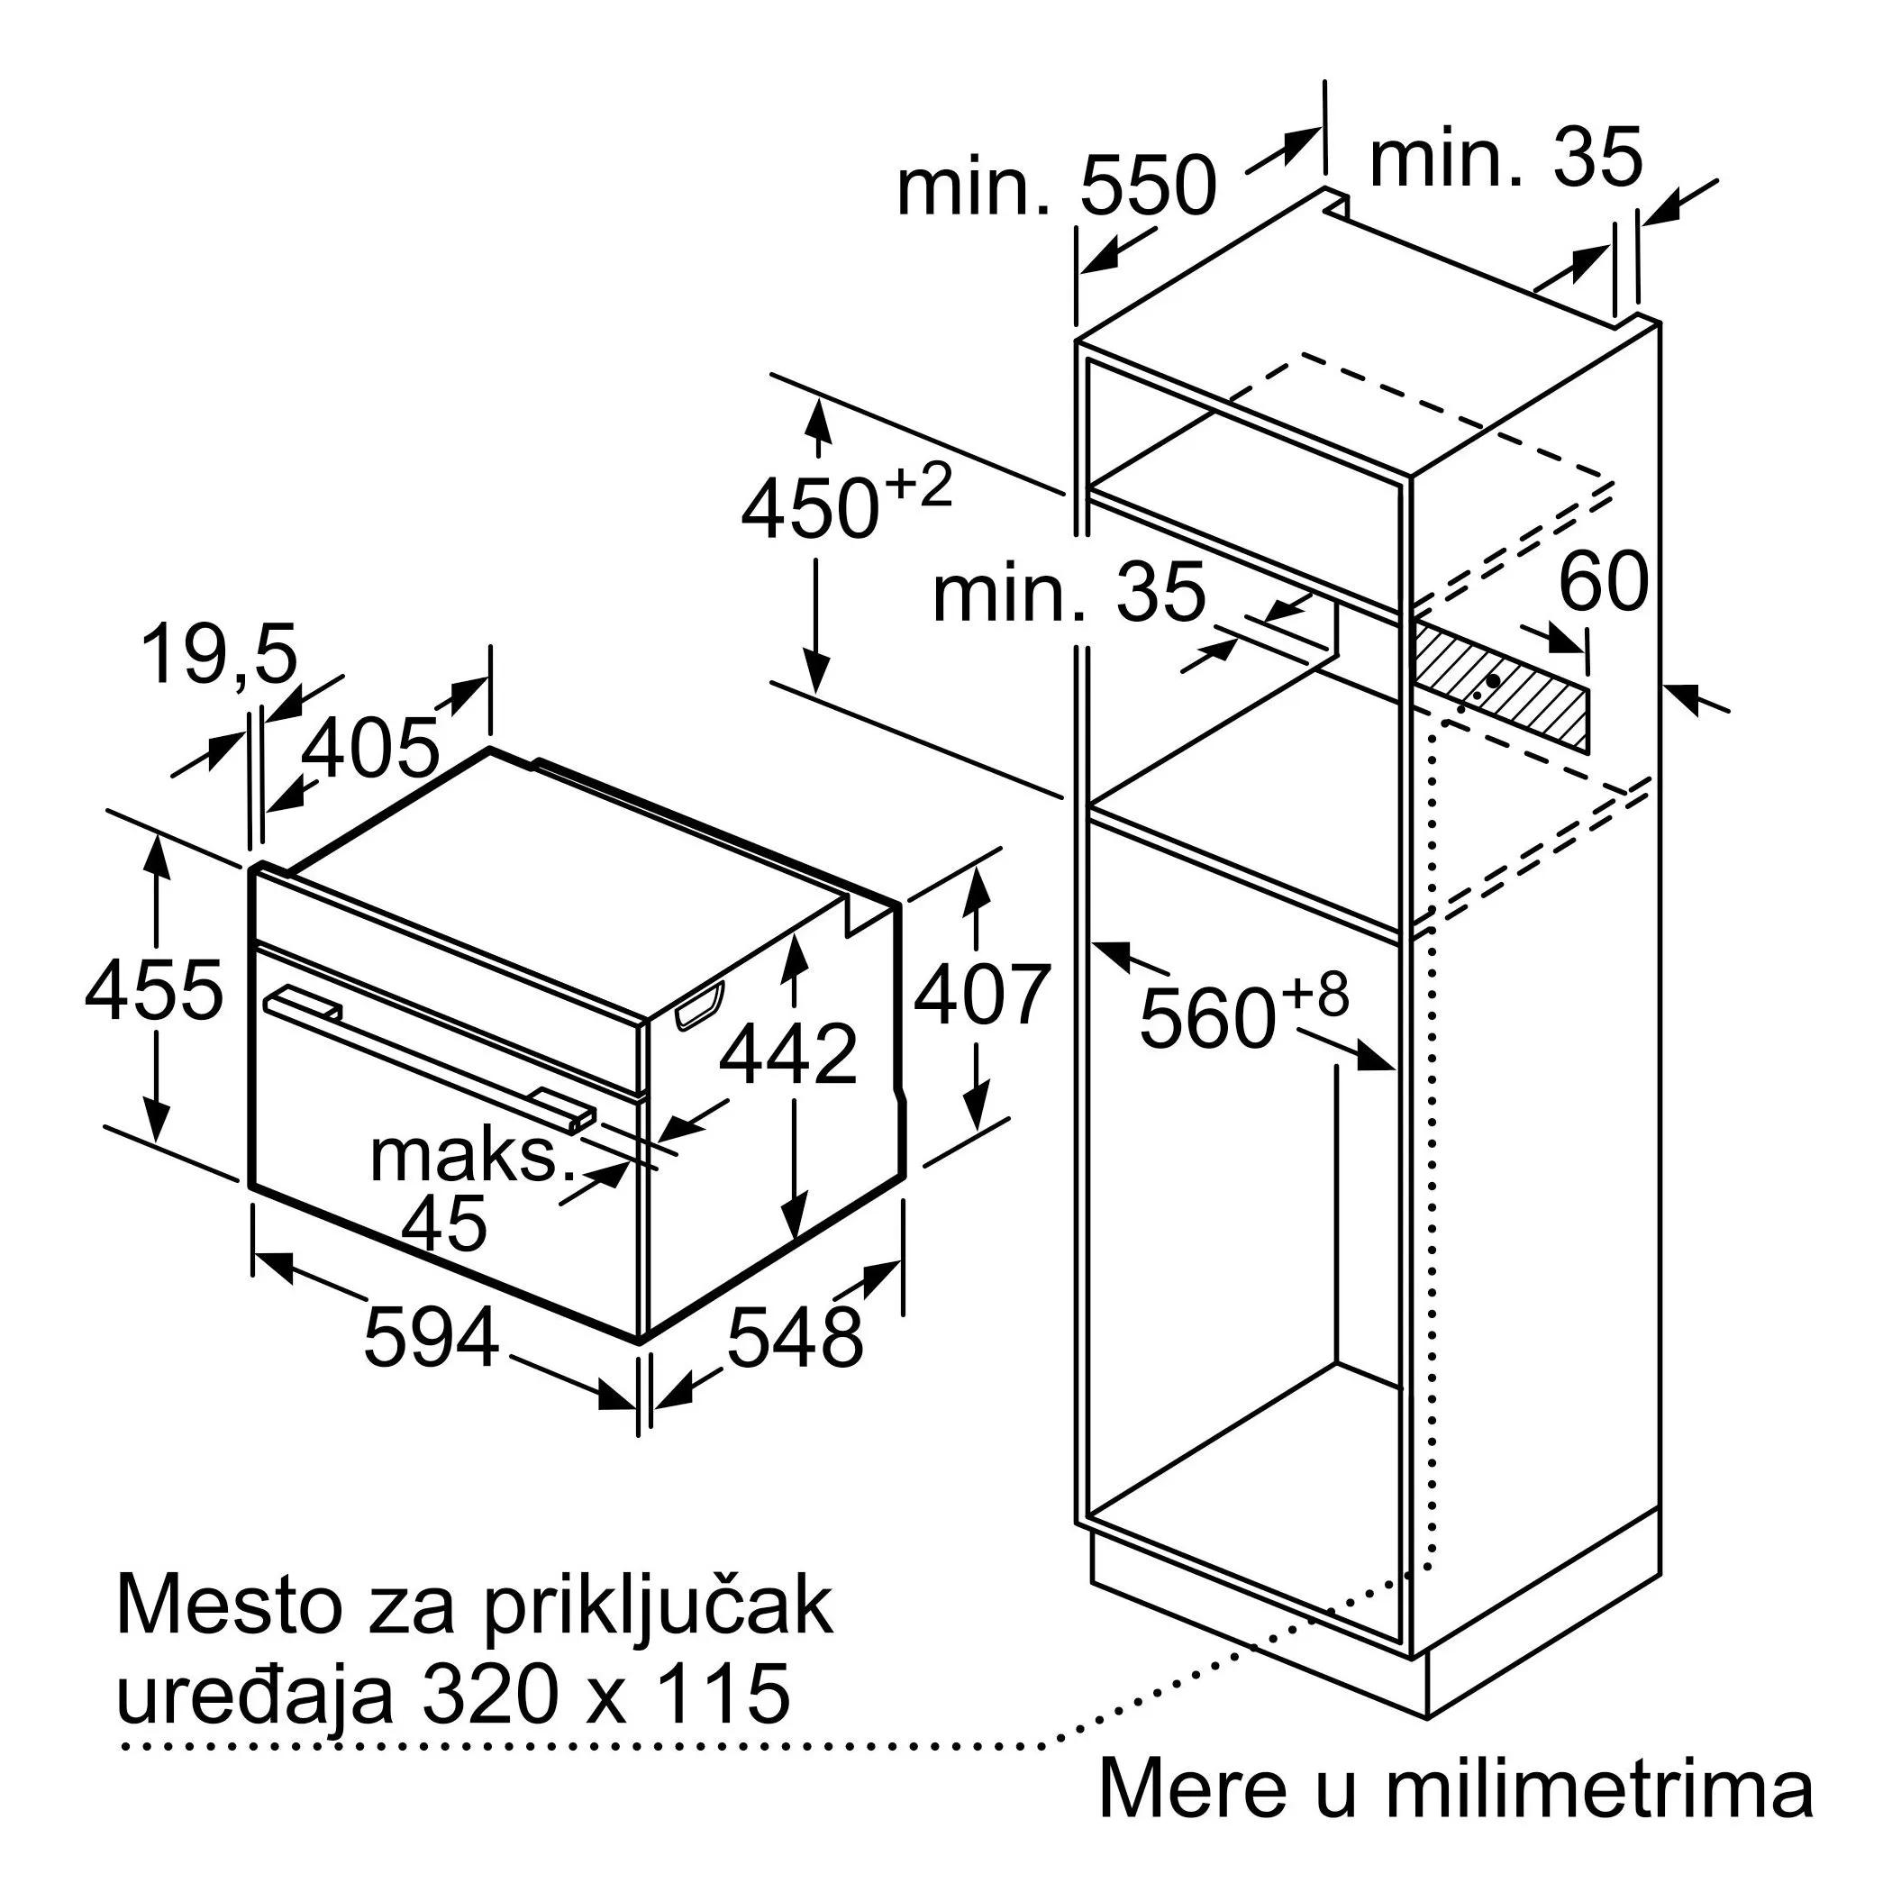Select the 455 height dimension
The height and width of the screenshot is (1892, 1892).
(x=155, y=991)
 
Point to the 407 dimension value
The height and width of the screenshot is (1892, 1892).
(x=983, y=996)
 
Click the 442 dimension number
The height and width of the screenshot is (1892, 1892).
(x=788, y=1054)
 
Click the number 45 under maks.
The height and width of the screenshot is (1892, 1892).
(x=444, y=1223)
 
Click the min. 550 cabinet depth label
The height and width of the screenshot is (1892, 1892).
(x=1056, y=186)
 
